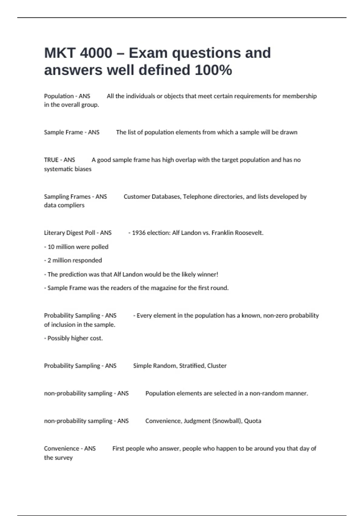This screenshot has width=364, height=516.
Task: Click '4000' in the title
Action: [96, 53]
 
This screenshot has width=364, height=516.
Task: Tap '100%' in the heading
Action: [213, 70]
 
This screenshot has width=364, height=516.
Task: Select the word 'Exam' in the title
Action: [148, 53]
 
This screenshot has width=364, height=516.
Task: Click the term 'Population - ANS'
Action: [67, 96]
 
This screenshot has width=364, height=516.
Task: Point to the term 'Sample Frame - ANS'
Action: [72, 132]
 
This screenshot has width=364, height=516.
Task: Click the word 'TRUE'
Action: [51, 160]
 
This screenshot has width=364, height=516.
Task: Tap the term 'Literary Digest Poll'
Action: [69, 233]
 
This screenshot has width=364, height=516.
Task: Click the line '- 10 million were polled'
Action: [76, 247]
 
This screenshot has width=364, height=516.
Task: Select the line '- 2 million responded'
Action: [73, 260]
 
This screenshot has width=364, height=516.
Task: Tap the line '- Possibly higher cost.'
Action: [73, 338]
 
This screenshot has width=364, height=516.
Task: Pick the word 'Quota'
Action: [253, 421]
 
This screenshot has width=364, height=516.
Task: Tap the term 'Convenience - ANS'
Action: [70, 449]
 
